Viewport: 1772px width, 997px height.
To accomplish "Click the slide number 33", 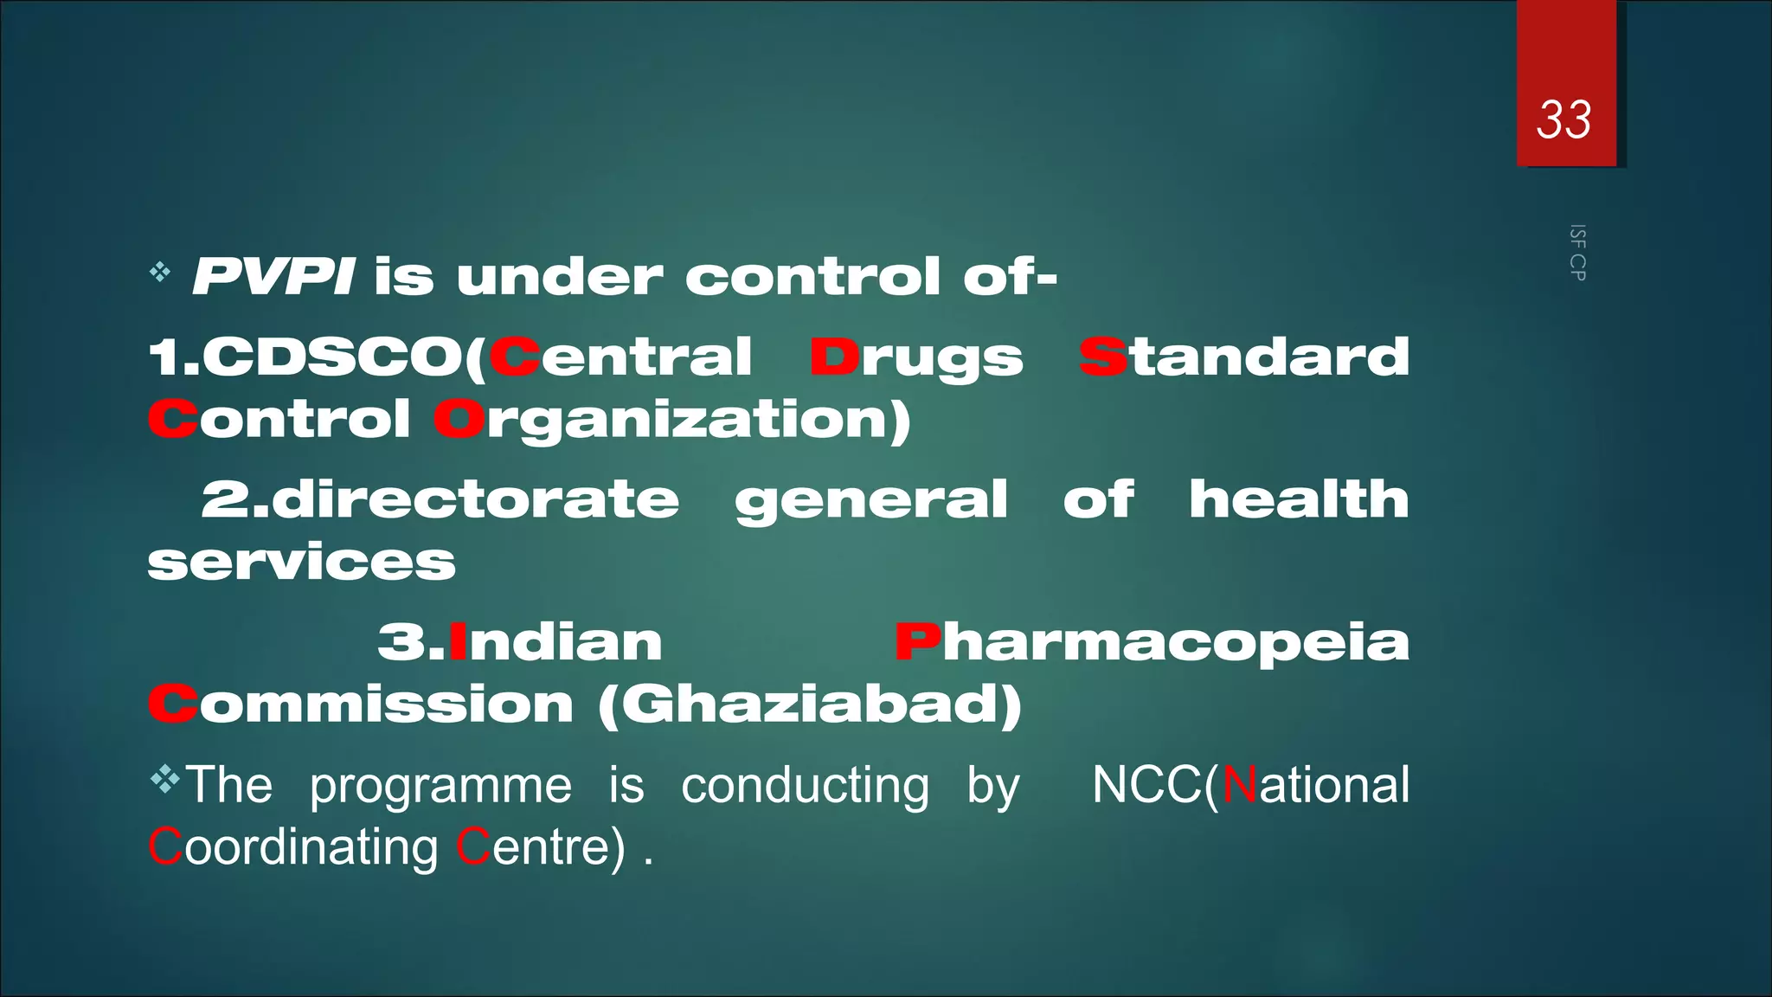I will (1563, 119).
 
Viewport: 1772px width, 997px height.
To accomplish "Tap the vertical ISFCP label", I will (1577, 253).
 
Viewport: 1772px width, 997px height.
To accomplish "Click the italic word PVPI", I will (273, 277).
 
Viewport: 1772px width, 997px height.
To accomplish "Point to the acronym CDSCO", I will (332, 357).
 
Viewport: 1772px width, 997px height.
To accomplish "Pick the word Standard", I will (1244, 357).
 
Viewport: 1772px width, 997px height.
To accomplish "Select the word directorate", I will (474, 499).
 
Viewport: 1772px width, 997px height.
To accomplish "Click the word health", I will (1299, 499).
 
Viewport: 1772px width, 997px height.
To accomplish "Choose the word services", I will (301, 563).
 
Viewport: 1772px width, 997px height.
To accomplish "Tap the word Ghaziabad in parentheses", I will (810, 704).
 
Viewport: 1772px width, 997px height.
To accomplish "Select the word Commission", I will (361, 704).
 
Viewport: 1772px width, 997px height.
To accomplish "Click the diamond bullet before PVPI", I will (160, 273).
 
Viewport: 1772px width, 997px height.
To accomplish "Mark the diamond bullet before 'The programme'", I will (164, 781).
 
